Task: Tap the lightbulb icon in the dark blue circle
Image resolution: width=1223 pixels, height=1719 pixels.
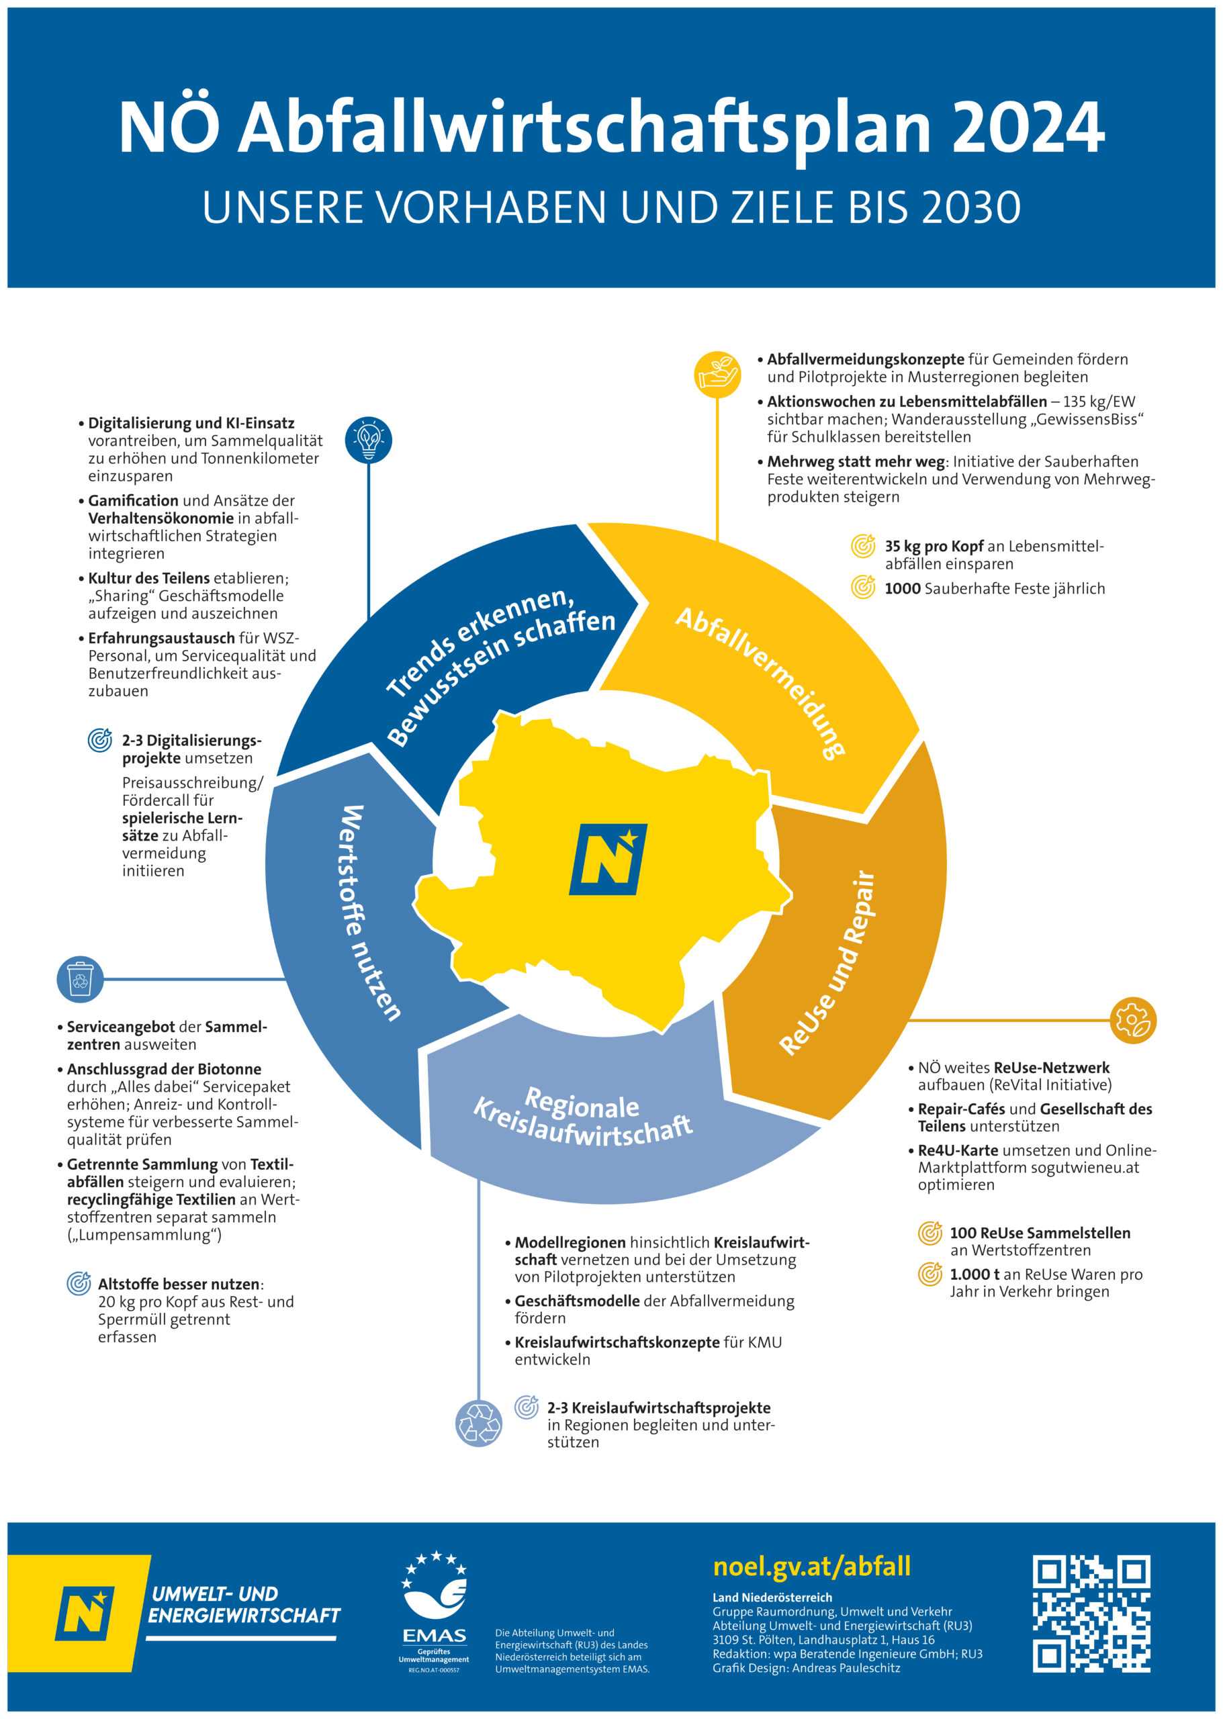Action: [368, 440]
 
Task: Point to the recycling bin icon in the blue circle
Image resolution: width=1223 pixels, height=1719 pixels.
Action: [80, 980]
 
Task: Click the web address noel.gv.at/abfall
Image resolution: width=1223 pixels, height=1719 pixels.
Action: [811, 1566]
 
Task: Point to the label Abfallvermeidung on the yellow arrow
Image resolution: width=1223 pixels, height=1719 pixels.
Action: [761, 682]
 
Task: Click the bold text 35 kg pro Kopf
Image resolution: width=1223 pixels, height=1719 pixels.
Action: [933, 547]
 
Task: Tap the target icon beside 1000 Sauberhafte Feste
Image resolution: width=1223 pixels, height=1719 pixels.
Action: [863, 588]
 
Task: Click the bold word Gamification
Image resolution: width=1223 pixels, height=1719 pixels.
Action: [133, 501]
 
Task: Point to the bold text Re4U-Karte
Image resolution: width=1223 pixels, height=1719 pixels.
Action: [957, 1150]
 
